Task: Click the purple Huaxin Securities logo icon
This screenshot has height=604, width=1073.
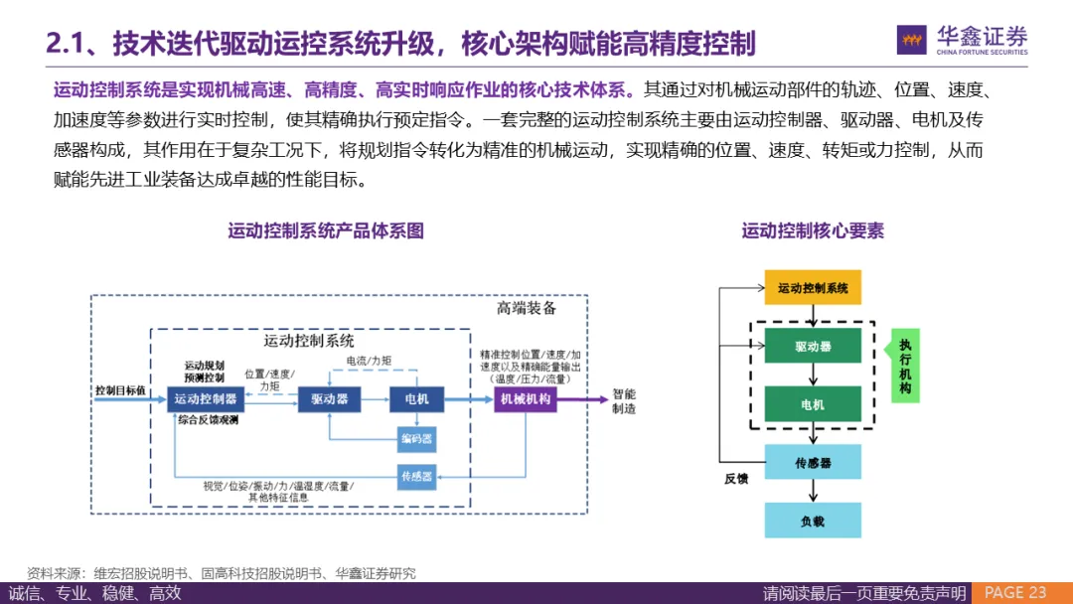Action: [x=911, y=40]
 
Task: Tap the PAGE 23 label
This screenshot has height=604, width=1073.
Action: [x=1014, y=593]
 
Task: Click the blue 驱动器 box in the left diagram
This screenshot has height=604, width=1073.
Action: [x=329, y=399]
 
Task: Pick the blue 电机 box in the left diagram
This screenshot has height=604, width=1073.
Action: [x=416, y=399]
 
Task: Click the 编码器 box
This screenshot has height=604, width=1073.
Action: [x=416, y=438]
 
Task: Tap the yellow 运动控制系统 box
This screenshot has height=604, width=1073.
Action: [x=813, y=287]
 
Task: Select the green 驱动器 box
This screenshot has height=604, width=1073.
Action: [x=813, y=347]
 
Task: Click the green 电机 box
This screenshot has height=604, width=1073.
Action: [x=813, y=404]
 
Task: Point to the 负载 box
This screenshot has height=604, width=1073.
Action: [x=813, y=521]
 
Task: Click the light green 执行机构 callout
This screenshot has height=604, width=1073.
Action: [x=905, y=366]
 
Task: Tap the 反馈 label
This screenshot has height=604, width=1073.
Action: [x=736, y=479]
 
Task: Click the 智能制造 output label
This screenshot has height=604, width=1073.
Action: [x=624, y=400]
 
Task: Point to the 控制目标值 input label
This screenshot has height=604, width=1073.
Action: [x=120, y=390]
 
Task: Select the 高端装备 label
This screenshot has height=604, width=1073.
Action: [x=527, y=309]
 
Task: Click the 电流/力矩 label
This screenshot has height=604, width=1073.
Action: [x=369, y=360]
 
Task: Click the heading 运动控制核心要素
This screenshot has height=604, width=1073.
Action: [x=813, y=231]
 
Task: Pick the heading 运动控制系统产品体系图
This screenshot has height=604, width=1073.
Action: [x=326, y=231]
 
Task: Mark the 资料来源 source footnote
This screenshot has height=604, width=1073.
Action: [x=222, y=573]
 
